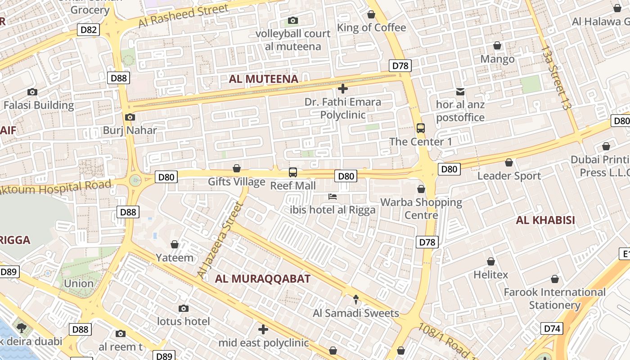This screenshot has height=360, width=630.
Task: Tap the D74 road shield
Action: [552, 328]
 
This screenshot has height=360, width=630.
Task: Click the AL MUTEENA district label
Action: [264, 79]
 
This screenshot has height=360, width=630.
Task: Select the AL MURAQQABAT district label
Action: [263, 279]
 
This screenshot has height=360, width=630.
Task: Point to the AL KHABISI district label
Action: [546, 220]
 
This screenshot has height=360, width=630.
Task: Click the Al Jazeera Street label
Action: [220, 240]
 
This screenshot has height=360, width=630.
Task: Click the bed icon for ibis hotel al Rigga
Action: [333, 197]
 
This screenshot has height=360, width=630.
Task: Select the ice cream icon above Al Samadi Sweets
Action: [356, 300]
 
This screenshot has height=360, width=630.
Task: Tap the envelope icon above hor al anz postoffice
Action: [460, 92]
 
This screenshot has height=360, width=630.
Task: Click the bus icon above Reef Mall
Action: [293, 172]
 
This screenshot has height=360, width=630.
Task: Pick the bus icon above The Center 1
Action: [421, 128]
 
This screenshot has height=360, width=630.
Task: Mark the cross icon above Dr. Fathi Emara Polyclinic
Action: [343, 89]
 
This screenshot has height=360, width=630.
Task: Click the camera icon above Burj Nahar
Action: [130, 117]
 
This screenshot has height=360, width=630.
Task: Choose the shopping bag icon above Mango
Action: [497, 45]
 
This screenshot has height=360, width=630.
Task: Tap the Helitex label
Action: [490, 274]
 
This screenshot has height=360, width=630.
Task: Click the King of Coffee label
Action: [371, 27]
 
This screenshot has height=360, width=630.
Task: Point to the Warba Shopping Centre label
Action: [421, 208]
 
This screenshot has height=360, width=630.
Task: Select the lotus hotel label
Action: [183, 321]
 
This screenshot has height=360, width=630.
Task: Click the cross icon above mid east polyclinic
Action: [263, 330]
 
